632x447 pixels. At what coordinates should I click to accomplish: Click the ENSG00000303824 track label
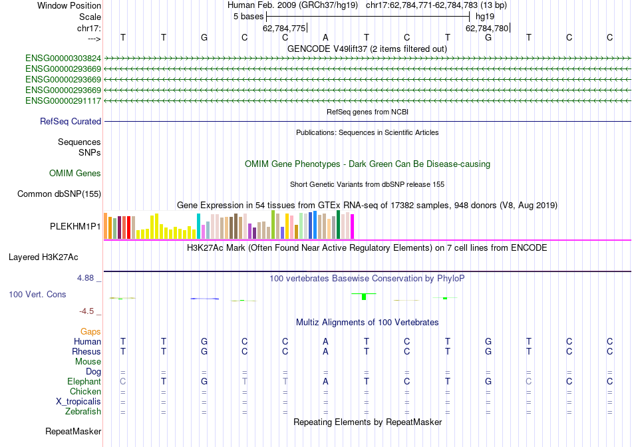[63, 59]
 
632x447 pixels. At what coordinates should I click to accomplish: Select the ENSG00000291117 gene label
[63, 101]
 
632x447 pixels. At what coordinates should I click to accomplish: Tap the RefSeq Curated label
[71, 122]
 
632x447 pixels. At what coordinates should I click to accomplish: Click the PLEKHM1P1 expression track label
[75, 226]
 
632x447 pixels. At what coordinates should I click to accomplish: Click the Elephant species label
[84, 382]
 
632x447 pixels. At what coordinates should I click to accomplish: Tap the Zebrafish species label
[82, 412]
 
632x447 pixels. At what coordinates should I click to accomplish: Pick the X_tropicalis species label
[79, 402]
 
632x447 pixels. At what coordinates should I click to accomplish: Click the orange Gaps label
[90, 331]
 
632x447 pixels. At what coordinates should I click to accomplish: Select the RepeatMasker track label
[73, 432]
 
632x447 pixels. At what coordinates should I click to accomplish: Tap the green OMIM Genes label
[75, 174]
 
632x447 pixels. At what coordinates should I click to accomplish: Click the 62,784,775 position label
[284, 28]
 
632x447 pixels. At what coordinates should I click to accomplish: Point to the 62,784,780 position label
[487, 28]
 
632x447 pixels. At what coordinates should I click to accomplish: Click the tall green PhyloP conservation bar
[364, 297]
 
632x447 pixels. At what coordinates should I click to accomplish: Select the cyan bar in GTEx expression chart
[198, 226]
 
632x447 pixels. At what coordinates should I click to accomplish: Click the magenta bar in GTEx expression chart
[352, 226]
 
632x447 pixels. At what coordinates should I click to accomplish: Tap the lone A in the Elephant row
[325, 382]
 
